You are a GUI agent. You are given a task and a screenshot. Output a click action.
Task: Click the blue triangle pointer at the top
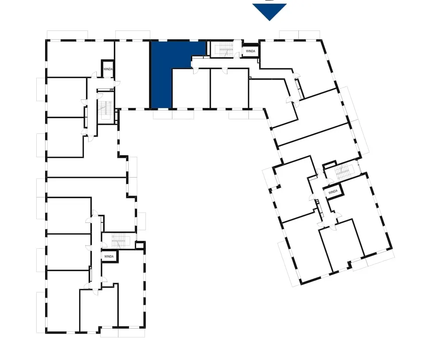(x=269, y=11)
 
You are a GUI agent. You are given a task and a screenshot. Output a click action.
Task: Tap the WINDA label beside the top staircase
(x=250, y=51)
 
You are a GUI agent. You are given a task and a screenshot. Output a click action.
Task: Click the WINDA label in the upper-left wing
(x=108, y=69)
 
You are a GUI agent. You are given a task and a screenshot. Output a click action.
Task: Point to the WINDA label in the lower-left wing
(x=109, y=257)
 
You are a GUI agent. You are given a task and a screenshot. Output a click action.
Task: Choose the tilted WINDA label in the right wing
(x=333, y=192)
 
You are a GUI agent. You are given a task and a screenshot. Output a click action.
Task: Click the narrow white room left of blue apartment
(x=132, y=75)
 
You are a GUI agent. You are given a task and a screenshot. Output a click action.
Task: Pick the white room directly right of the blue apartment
(x=191, y=88)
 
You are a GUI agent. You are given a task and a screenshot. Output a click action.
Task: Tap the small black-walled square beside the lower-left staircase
(x=140, y=245)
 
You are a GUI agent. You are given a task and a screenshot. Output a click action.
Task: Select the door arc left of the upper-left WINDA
(x=95, y=74)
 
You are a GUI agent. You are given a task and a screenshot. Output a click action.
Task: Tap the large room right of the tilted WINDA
(x=360, y=214)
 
